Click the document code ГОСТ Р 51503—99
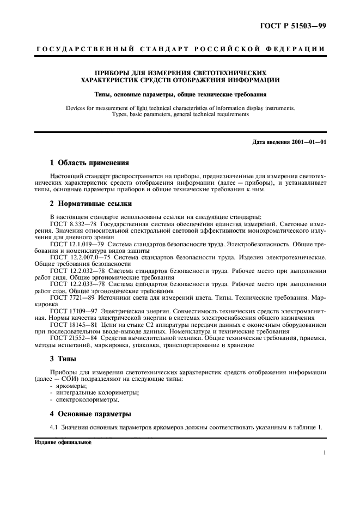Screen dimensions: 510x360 [x=295, y=26]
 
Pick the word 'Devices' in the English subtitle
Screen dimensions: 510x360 [x=77, y=108]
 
